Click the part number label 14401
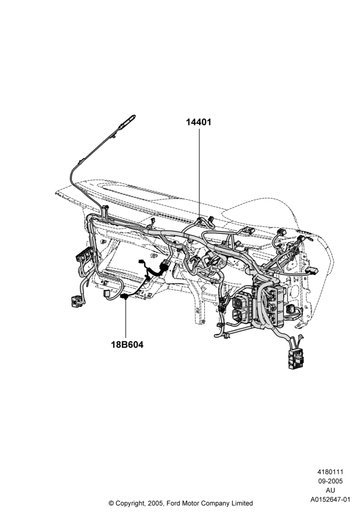[199, 122]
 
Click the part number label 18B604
[127, 344]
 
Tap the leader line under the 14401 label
[199, 173]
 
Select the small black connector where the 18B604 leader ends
[124, 297]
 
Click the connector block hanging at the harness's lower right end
[296, 359]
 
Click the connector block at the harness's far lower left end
[77, 301]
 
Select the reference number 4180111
[330, 472]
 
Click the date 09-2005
[331, 481]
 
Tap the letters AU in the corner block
[330, 490]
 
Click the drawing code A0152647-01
[331, 500]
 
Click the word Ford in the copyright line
[174, 503]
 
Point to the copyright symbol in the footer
[111, 503]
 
